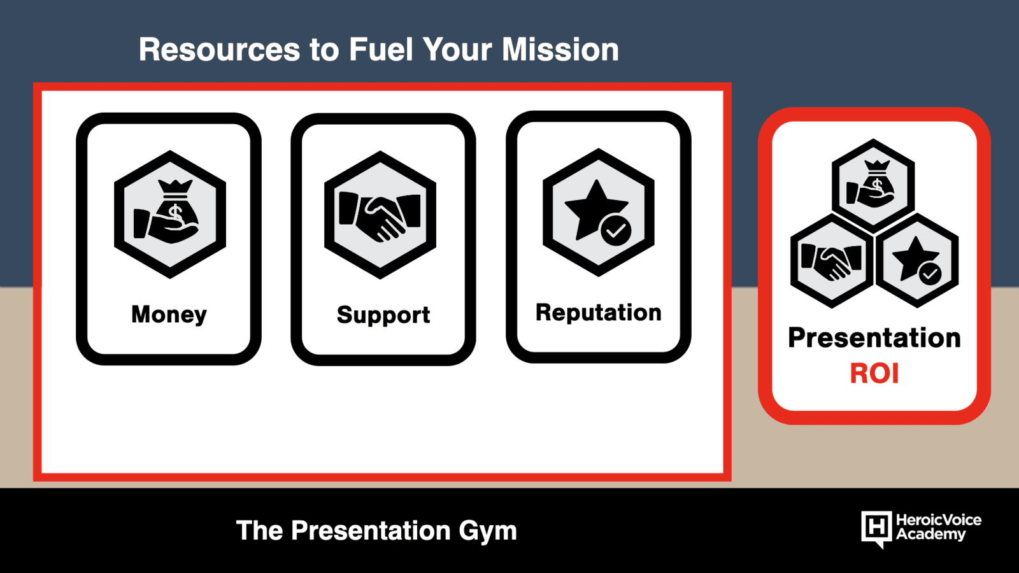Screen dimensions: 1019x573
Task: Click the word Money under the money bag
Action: point(169,315)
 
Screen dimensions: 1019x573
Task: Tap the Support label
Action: point(383,315)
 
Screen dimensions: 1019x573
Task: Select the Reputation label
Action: point(598,313)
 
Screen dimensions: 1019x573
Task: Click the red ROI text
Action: point(874,374)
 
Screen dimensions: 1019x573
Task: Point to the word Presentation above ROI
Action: point(874,338)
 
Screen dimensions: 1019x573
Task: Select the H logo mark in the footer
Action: point(876,528)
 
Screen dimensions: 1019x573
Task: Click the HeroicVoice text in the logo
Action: point(939,520)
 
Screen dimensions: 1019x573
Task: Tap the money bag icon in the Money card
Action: point(173,211)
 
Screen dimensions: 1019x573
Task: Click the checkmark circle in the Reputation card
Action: point(616,230)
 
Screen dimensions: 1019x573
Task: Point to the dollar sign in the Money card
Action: point(176,214)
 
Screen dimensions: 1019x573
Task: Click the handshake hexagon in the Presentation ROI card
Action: point(832,261)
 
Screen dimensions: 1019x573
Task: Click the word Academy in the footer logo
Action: point(930,535)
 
